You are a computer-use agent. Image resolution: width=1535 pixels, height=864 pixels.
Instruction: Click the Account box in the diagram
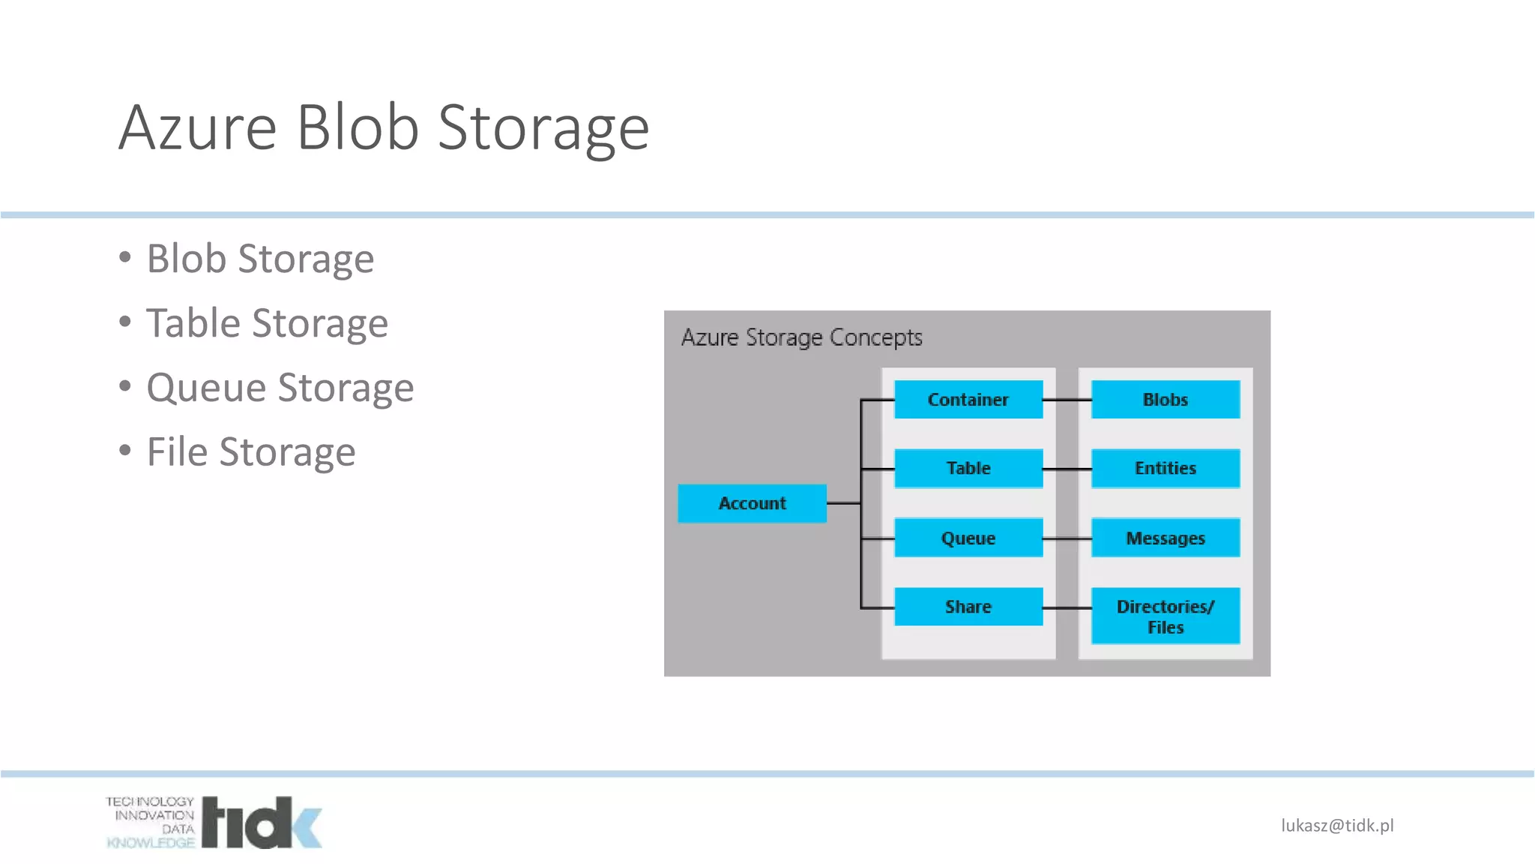[752, 503]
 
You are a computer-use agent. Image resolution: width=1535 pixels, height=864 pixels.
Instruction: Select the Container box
[968, 399]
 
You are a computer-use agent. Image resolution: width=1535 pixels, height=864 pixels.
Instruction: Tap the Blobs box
[1165, 399]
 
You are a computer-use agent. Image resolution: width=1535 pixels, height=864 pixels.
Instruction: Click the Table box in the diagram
[968, 468]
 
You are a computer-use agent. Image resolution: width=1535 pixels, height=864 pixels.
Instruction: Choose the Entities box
[1165, 468]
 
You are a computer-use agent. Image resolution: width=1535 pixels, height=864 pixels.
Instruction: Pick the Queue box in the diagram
[968, 538]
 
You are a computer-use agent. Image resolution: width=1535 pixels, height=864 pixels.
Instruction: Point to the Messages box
[1165, 538]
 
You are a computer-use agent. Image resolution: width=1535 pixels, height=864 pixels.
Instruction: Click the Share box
[968, 606]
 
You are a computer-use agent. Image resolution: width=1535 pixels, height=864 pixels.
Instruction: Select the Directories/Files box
[1165, 616]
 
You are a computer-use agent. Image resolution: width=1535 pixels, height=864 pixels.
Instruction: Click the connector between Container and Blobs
[1067, 400]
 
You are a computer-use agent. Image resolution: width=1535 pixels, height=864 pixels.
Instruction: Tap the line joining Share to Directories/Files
[1067, 607]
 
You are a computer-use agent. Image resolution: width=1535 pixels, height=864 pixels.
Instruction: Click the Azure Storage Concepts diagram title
[801, 337]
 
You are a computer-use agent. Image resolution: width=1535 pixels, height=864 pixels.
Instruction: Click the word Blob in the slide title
[358, 127]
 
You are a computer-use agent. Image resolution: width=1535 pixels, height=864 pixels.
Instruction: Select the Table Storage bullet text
[267, 323]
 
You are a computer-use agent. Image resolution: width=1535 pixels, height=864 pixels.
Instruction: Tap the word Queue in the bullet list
[206, 388]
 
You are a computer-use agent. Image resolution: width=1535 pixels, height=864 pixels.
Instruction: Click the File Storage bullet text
[251, 452]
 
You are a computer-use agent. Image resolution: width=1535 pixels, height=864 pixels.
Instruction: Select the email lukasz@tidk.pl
[1337, 826]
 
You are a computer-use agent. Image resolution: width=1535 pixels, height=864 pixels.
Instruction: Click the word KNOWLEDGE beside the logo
[151, 843]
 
